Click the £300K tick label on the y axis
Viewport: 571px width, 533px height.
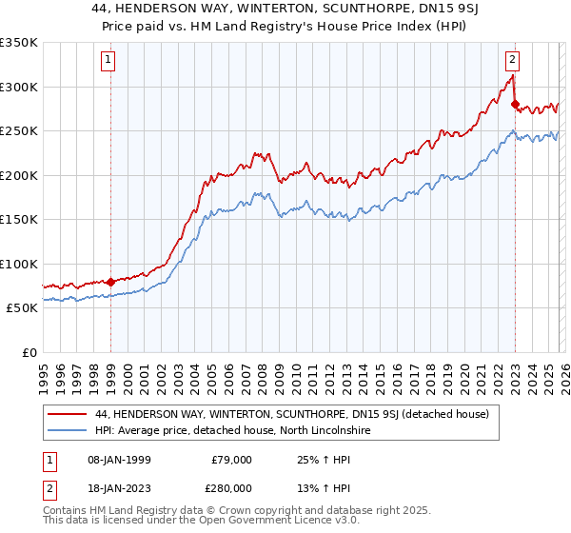click(x=19, y=87)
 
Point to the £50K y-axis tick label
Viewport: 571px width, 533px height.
click(x=22, y=308)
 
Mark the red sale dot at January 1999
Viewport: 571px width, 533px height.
click(x=110, y=282)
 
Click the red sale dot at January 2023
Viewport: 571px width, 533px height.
click(x=515, y=104)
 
